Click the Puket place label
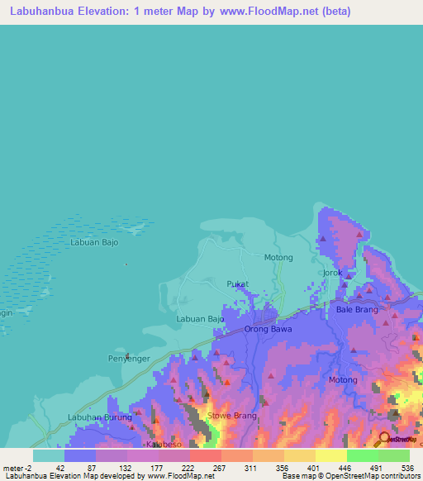pyautogui.click(x=237, y=284)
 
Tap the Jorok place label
pyautogui.click(x=332, y=273)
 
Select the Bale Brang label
pyautogui.click(x=357, y=310)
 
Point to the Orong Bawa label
pyautogui.click(x=269, y=330)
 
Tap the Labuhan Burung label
pyautogui.click(x=99, y=417)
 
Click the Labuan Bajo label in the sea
pyautogui.click(x=94, y=243)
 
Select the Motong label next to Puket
pyautogui.click(x=278, y=258)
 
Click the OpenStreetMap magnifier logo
pyautogui.click(x=384, y=439)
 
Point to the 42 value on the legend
pyautogui.click(x=60, y=467)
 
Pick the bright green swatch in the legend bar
pyautogui.click(x=362, y=455)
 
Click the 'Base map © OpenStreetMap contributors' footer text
pyautogui.click(x=349, y=476)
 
